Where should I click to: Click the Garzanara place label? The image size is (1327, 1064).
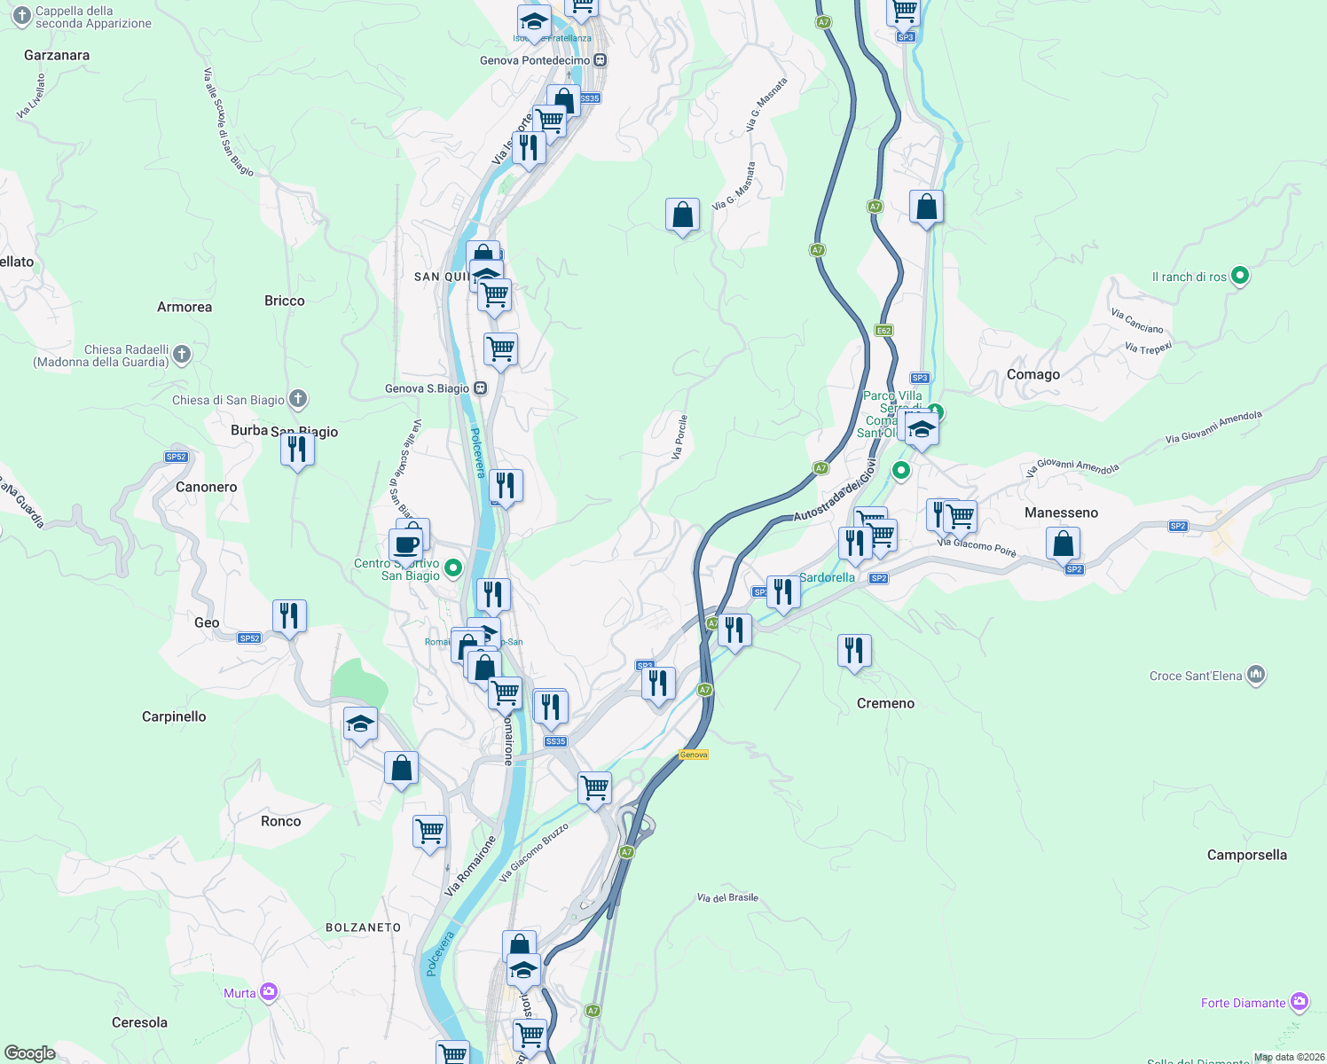(x=57, y=55)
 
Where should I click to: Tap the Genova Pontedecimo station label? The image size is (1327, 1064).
(x=535, y=60)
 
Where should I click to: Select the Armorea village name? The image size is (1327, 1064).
(x=185, y=307)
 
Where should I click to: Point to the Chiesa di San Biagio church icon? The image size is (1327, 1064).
(x=298, y=399)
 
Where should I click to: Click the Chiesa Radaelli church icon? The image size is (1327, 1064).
(x=182, y=355)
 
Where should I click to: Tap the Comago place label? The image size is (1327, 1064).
(x=1033, y=374)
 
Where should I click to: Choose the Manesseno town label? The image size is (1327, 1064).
(x=1061, y=512)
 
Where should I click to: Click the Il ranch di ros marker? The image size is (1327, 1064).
(x=1240, y=276)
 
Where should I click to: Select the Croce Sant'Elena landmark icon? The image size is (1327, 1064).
(x=1255, y=675)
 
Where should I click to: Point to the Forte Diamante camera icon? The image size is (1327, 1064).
(x=1300, y=1002)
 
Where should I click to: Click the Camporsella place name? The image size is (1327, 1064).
(x=1246, y=855)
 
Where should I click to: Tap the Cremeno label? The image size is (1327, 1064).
(x=885, y=703)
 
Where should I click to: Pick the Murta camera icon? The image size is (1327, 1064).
(x=269, y=992)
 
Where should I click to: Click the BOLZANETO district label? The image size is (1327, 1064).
(x=363, y=927)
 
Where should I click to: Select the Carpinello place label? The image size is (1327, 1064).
(x=174, y=716)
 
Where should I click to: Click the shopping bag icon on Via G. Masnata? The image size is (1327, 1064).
(x=682, y=215)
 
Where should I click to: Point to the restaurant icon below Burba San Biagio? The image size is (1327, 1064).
(x=297, y=450)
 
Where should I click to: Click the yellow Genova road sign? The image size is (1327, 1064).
(x=694, y=755)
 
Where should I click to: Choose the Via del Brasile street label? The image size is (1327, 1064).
(x=727, y=897)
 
